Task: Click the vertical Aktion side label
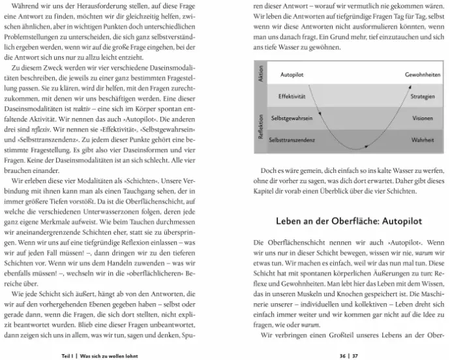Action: (x=260, y=72)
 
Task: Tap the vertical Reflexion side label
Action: (x=260, y=127)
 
